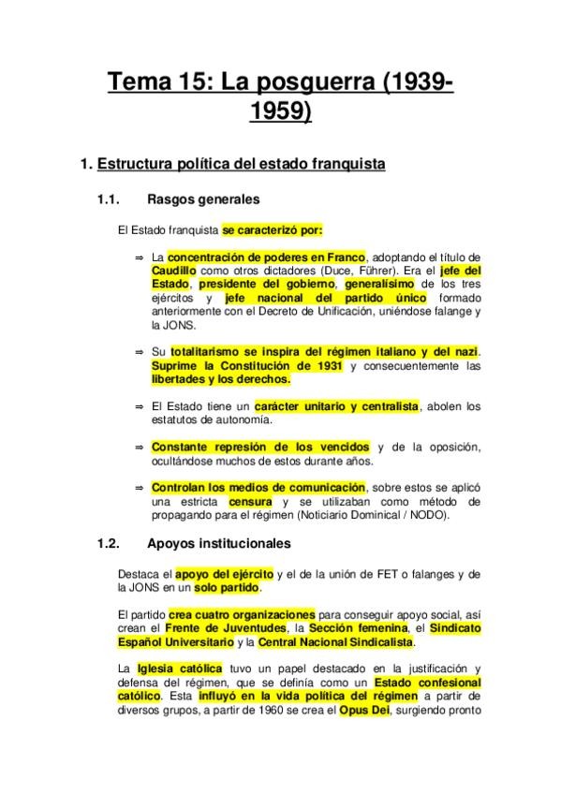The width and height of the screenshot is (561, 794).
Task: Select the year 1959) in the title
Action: click(x=281, y=112)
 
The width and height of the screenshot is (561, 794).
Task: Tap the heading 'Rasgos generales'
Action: click(x=203, y=199)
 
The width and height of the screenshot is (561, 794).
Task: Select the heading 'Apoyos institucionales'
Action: click(x=219, y=543)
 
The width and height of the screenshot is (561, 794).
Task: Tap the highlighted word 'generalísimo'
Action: click(x=379, y=284)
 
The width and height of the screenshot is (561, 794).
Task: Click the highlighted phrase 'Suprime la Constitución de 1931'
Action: click(x=246, y=365)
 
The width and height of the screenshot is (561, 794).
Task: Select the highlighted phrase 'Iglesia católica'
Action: click(x=180, y=669)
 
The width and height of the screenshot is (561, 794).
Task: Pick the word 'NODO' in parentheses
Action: click(x=430, y=516)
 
